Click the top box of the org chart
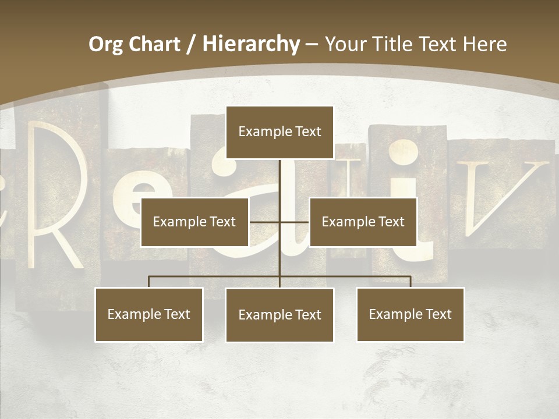click(279, 132)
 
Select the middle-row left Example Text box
click(194, 222)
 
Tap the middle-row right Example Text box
click(363, 222)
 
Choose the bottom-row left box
click(149, 314)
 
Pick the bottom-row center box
click(279, 315)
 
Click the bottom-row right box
click(410, 314)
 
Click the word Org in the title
click(105, 44)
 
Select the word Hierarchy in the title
click(251, 44)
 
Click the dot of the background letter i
click(403, 153)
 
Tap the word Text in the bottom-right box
click(438, 314)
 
